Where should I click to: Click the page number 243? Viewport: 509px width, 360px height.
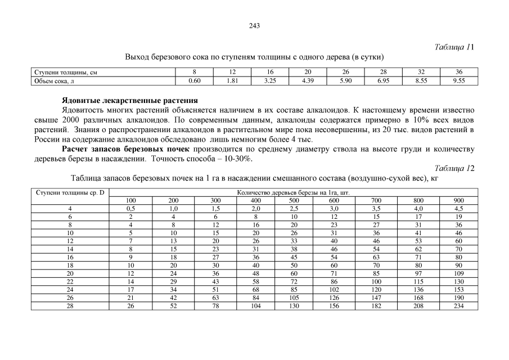point(254,26)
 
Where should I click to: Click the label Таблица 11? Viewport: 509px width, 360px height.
point(456,47)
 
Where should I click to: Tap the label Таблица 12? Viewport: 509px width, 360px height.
point(456,168)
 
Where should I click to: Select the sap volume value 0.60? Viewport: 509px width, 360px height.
point(195,81)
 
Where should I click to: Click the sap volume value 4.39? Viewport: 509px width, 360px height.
point(308,81)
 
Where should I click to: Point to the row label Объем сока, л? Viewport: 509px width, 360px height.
point(55,81)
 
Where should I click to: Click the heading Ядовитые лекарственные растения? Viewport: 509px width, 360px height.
point(129,100)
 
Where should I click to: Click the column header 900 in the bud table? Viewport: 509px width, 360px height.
point(458,200)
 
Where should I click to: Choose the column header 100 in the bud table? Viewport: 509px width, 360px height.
point(130,200)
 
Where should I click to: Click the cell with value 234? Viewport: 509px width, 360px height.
point(458,306)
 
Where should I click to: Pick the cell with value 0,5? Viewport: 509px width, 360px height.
point(130,208)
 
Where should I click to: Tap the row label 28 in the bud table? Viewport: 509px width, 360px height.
point(70,306)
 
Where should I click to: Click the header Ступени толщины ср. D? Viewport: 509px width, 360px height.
point(70,192)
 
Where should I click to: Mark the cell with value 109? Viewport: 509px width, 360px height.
point(458,273)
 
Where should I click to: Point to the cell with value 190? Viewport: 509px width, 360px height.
point(458,298)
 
